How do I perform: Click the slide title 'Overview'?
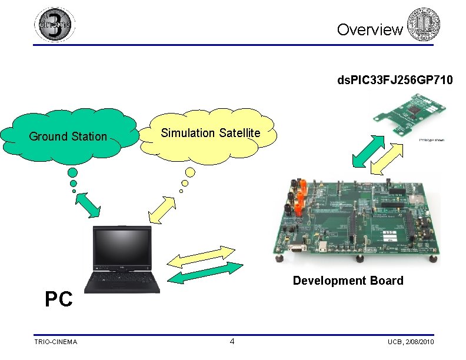coord(370,29)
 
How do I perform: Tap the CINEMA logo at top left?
coord(55,24)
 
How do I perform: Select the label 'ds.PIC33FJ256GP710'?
coord(395,79)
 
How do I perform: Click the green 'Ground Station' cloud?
coord(69,136)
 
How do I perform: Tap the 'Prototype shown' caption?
coord(431,140)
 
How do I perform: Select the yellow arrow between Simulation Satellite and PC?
coord(163,208)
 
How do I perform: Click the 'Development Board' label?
coord(348,281)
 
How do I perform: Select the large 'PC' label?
coord(59,299)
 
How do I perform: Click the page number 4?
coord(232,342)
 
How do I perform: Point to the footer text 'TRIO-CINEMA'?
coord(55,342)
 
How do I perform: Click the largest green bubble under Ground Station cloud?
coord(72,172)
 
